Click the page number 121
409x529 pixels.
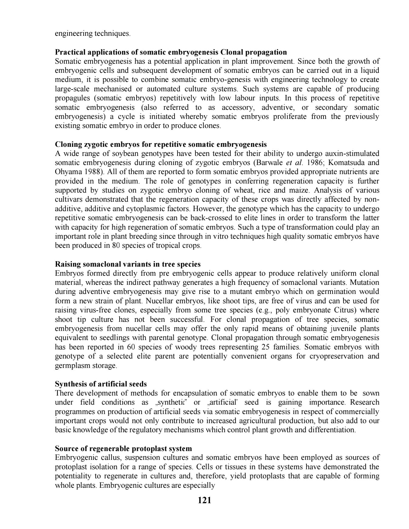pyautogui.click(x=204, y=500)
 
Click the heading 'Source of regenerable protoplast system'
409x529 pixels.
pyautogui.click(x=123, y=448)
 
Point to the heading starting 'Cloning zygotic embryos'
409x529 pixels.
pyautogui.click(x=161, y=144)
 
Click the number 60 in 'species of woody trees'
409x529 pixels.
pyautogui.click(x=131, y=347)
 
